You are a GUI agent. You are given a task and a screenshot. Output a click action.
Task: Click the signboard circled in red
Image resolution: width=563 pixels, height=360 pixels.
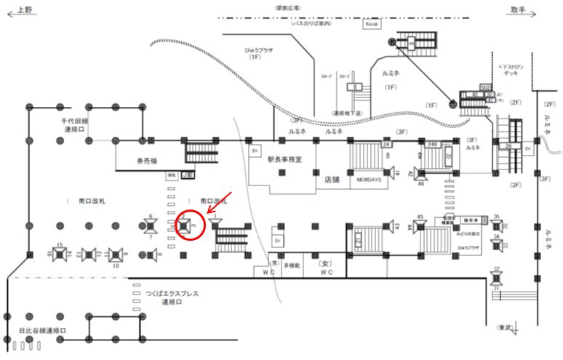click(x=188, y=226)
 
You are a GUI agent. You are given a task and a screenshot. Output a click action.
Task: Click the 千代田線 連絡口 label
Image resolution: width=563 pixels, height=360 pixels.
click(x=75, y=125)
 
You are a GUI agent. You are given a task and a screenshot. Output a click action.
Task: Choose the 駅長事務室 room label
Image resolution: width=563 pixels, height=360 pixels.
click(x=284, y=158)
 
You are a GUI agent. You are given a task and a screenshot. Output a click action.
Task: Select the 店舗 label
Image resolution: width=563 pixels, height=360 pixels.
click(x=331, y=177)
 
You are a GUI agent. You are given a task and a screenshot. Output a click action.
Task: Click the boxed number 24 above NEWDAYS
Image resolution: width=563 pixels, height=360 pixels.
click(x=386, y=145)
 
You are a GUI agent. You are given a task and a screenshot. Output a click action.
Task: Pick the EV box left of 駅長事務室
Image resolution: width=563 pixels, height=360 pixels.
click(x=255, y=151)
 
